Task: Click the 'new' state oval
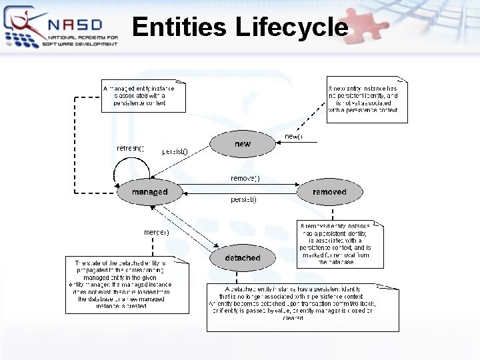coord(242,143)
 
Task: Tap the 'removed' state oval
coord(329,192)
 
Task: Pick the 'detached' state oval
coord(243,257)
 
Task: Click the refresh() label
coord(130,148)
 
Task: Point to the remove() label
coord(245,179)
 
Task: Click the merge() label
coord(157,232)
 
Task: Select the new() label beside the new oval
coord(293,137)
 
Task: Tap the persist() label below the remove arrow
coord(244,199)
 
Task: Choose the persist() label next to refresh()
coord(175,151)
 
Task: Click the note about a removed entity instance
coord(341,244)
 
